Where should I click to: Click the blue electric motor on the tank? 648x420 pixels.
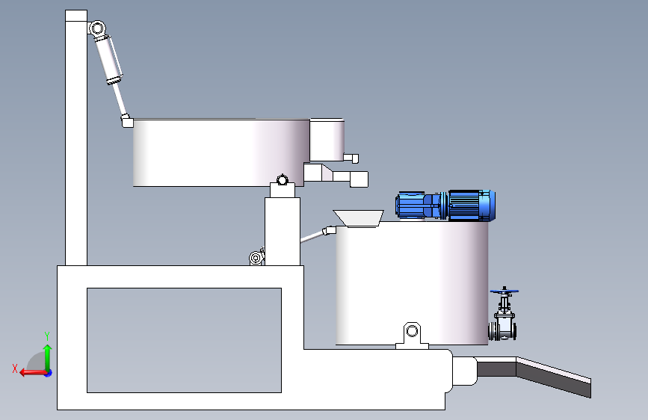click(x=445, y=206)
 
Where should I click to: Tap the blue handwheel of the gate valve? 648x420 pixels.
click(x=504, y=291)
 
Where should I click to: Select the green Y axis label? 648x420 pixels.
click(x=47, y=336)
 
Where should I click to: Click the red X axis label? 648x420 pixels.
click(x=15, y=368)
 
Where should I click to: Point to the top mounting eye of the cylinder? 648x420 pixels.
click(x=97, y=29)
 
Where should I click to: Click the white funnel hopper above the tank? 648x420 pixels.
click(x=359, y=218)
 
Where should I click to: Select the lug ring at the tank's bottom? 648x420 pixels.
click(x=412, y=331)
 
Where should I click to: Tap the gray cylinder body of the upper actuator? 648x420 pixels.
click(x=109, y=60)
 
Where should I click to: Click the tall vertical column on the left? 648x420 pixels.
click(x=76, y=138)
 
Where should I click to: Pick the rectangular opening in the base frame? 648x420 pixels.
click(x=184, y=340)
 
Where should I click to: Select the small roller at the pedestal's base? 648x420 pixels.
click(x=256, y=259)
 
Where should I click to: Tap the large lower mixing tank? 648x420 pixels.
click(x=412, y=283)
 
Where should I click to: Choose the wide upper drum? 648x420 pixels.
click(x=221, y=152)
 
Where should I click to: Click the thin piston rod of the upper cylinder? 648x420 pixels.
click(x=119, y=99)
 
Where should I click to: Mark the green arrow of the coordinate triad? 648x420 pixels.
click(x=48, y=357)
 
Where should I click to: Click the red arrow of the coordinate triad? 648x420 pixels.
click(x=33, y=373)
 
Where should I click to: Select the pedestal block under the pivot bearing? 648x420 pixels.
click(x=283, y=232)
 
